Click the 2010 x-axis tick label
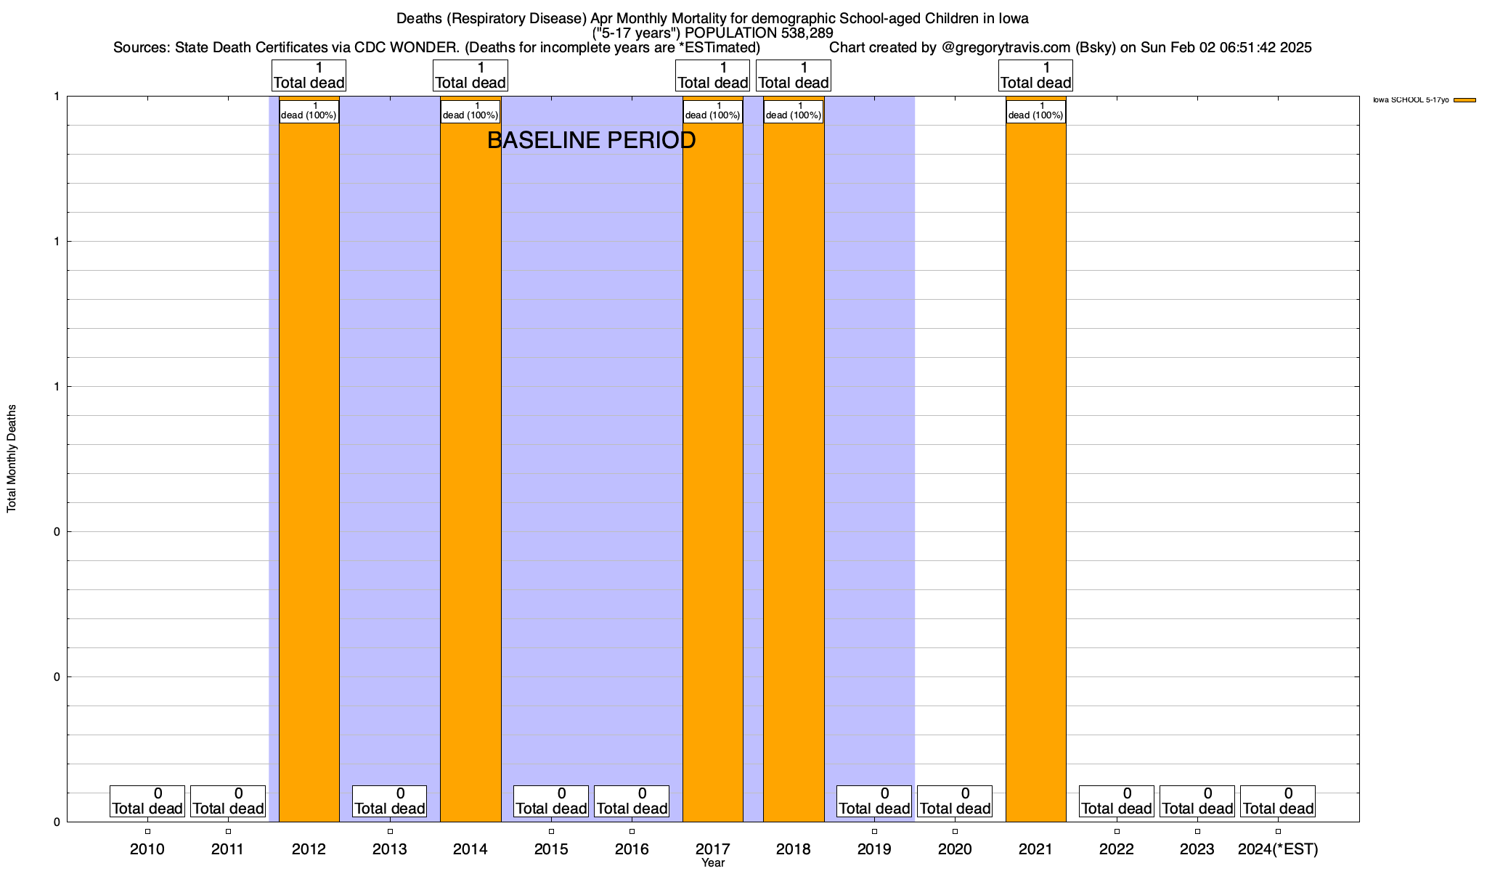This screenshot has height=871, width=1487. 147,848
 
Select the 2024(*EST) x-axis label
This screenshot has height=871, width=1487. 1278,848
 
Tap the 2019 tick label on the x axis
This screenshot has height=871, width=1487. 874,848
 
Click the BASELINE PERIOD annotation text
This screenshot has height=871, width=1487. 591,140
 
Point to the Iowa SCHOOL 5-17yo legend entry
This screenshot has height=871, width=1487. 1411,100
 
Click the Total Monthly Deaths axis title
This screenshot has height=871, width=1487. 12,459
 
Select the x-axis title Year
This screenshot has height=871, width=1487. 713,863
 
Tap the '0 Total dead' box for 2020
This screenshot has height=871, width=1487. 955,801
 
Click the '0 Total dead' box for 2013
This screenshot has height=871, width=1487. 390,801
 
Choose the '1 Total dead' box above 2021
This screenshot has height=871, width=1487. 1036,75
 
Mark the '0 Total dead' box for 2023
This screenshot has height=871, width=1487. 1197,801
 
